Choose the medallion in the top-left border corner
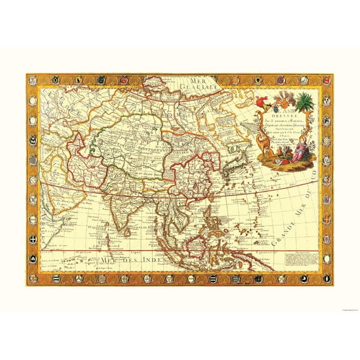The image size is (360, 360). [30, 79]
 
